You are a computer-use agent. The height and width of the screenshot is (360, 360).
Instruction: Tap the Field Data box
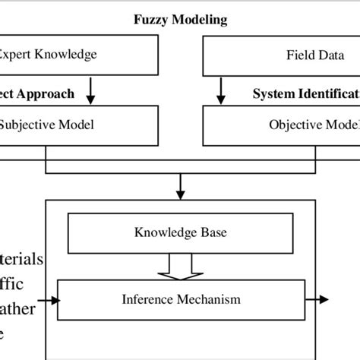pyautogui.click(x=281, y=55)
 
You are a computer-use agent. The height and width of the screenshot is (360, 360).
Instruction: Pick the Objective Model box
pyautogui.click(x=281, y=125)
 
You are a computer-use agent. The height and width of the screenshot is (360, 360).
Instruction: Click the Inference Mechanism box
pyautogui.click(x=180, y=299)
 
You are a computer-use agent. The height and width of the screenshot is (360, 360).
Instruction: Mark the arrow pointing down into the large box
pyautogui.click(x=180, y=182)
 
